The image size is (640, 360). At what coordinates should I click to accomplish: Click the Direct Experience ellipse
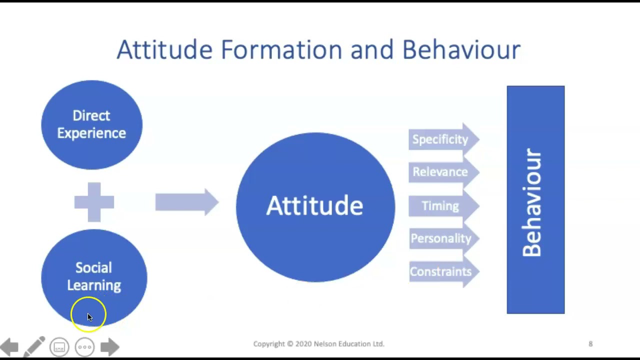pyautogui.click(x=91, y=124)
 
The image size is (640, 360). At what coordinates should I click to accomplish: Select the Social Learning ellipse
pyautogui.click(x=94, y=276)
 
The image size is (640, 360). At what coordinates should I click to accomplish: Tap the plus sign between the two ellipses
pyautogui.click(x=94, y=202)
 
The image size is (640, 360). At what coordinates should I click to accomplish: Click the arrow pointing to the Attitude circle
pyautogui.click(x=186, y=202)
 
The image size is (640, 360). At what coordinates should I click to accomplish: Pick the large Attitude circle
pyautogui.click(x=315, y=206)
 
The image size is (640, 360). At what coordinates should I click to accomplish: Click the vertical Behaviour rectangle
pyautogui.click(x=535, y=200)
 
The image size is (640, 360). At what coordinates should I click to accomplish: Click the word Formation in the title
pyautogui.click(x=281, y=50)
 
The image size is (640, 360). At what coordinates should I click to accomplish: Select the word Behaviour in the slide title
pyautogui.click(x=461, y=50)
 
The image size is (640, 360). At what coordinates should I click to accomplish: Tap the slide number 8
pyautogui.click(x=590, y=344)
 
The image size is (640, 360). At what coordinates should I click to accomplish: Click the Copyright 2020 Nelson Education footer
pyautogui.click(x=318, y=344)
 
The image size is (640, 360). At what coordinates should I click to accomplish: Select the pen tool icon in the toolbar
pyautogui.click(x=34, y=346)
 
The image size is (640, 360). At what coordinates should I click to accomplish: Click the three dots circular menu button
pyautogui.click(x=84, y=347)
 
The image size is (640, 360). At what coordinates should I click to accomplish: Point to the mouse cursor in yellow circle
pyautogui.click(x=89, y=316)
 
